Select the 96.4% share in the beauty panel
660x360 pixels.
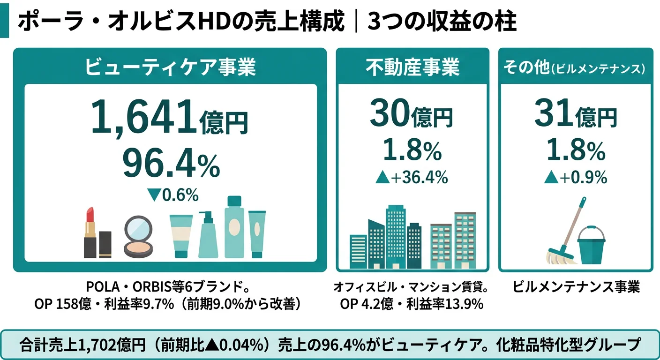[x=171, y=163]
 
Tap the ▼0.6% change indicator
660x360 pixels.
[x=173, y=195]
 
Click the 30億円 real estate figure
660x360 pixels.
[x=411, y=114]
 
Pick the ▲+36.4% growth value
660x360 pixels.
[x=412, y=177]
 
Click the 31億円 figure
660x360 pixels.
[x=575, y=114]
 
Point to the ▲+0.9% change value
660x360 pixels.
[x=575, y=177]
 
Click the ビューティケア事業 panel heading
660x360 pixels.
[x=170, y=67]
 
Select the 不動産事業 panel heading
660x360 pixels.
[x=412, y=67]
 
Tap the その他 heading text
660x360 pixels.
[x=525, y=67]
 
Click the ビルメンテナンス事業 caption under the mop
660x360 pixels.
[x=576, y=287]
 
